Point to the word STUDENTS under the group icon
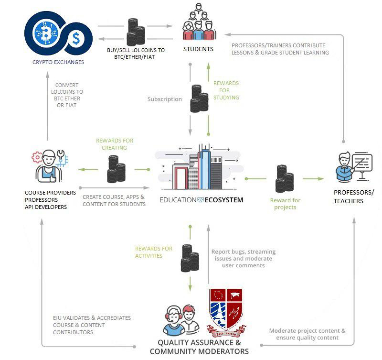(x=199, y=49)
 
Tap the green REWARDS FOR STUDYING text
(x=226, y=90)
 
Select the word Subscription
(x=165, y=99)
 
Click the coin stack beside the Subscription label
(x=199, y=98)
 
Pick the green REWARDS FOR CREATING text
(x=115, y=144)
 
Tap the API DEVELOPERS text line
(x=46, y=207)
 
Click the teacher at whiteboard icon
(x=355, y=166)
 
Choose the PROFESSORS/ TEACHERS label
(x=354, y=196)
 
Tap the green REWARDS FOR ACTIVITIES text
(x=154, y=252)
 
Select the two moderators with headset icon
(x=181, y=318)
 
